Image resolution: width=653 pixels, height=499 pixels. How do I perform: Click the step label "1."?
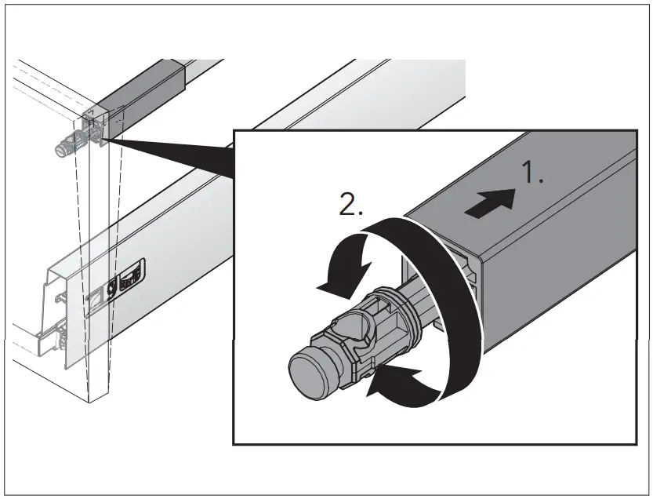click(x=533, y=174)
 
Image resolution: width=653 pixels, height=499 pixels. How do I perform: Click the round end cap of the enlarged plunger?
click(x=307, y=369)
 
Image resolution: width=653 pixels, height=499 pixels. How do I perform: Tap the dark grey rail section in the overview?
click(x=148, y=86)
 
